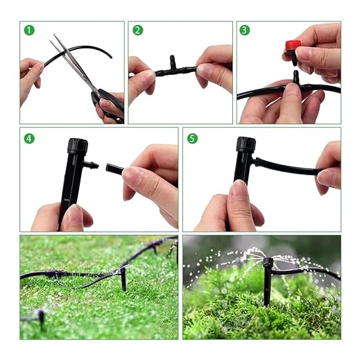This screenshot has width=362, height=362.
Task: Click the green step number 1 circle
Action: coord(29,31)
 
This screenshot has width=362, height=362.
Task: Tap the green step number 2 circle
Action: coord(138,31)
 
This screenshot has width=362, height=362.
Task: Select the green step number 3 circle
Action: coord(245,31)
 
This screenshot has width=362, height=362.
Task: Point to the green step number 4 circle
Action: coord(29,139)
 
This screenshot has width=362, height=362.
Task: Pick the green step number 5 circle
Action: coord(193,139)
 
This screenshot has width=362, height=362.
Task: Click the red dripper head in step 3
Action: coord(293,45)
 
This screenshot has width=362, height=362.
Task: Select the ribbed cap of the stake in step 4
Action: coord(78,146)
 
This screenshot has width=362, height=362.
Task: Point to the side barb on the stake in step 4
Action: coord(91,164)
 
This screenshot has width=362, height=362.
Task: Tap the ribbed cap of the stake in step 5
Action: coord(246,144)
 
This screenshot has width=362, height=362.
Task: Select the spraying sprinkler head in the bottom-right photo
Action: coord(268,262)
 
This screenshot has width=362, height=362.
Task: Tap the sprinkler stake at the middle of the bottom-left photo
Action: coord(123,279)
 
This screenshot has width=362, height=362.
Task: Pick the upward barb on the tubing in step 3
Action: coord(296,77)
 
